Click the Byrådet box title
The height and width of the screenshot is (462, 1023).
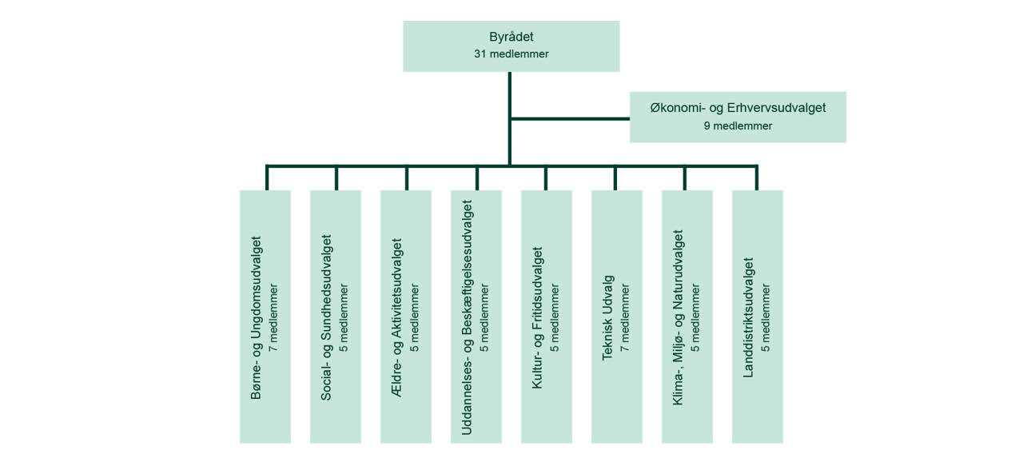511,37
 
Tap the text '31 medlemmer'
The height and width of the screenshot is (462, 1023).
511,54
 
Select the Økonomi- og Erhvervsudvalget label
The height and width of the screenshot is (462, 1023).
738,108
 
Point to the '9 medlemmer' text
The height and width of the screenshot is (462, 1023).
738,125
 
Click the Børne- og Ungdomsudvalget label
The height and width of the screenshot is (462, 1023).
257,317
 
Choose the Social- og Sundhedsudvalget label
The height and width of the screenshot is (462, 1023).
327,317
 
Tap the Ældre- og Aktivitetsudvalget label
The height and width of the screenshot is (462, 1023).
397,317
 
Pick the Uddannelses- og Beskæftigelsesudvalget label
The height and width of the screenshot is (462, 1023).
468,317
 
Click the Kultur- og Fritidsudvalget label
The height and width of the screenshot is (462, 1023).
538,317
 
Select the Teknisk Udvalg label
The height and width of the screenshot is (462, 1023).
608,317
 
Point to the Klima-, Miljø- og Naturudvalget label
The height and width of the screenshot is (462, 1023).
679,317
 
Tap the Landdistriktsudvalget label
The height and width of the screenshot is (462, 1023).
749,317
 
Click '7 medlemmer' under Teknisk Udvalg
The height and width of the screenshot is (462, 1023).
625,317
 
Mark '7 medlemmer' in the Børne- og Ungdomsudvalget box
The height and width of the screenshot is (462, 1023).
273,317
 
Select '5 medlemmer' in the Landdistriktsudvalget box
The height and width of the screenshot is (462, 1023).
766,317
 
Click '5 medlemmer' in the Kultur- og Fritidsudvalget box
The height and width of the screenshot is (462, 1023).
555,317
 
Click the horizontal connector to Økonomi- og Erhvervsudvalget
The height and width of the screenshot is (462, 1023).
569,118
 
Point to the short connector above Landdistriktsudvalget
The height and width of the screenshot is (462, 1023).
756,178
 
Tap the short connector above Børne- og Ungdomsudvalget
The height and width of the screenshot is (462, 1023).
267,178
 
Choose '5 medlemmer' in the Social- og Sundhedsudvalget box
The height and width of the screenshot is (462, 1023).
344,317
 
